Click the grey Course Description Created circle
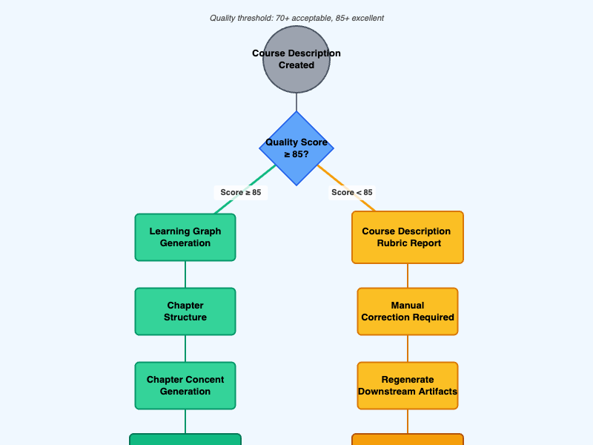[x=296, y=59]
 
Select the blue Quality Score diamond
[x=296, y=148]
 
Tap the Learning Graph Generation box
[x=185, y=237]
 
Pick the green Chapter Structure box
[x=185, y=311]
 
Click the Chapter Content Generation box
[x=185, y=386]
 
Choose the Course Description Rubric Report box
[x=408, y=237]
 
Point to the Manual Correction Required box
[x=408, y=311]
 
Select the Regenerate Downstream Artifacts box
[x=408, y=386]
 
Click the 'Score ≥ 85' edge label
[x=241, y=193]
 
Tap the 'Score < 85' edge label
[x=352, y=193]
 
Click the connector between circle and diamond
[x=296, y=102]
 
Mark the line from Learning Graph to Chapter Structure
[x=185, y=274]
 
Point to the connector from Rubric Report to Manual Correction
[x=408, y=275]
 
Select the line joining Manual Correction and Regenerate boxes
[x=408, y=349]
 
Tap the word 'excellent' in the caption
[x=368, y=18]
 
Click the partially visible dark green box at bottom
[x=185, y=439]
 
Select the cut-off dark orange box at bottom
[x=408, y=439]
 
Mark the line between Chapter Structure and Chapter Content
[x=185, y=349]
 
